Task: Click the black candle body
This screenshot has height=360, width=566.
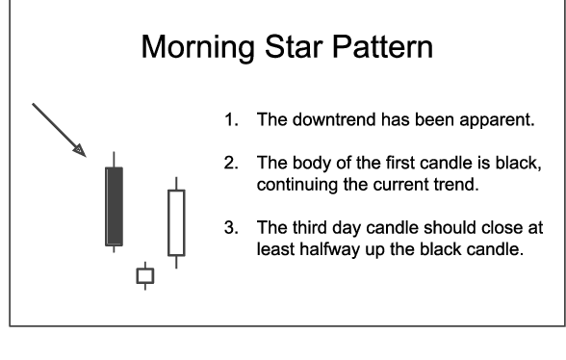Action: (x=115, y=206)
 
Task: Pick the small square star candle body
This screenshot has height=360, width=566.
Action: (x=144, y=277)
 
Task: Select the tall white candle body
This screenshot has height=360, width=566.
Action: (x=175, y=222)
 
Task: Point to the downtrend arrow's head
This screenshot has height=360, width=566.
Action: (x=82, y=151)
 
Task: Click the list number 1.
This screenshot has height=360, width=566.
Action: (x=230, y=122)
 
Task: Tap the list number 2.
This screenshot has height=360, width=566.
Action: (x=230, y=166)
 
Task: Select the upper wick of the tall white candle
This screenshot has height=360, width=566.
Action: (x=175, y=183)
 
